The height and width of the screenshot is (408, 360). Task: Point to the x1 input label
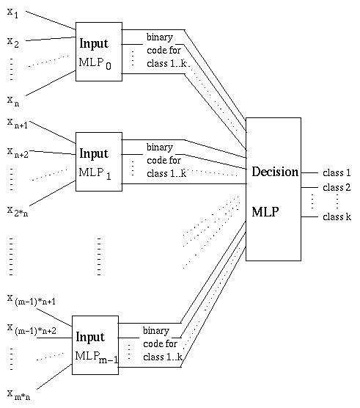pyautogui.click(x=12, y=13)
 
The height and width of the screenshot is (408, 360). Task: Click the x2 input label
pyautogui.click(x=13, y=43)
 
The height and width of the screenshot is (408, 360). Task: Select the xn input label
pyautogui.click(x=13, y=101)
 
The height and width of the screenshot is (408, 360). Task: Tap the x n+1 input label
pyautogui.click(x=18, y=123)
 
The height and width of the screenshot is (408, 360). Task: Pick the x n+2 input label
pyautogui.click(x=18, y=153)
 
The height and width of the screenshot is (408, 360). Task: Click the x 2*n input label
pyautogui.click(x=18, y=211)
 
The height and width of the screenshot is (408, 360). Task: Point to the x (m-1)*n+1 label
pyautogui.click(x=32, y=299)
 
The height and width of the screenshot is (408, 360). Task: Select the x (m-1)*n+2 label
pyautogui.click(x=32, y=329)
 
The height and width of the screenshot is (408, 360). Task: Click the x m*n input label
pyautogui.click(x=18, y=395)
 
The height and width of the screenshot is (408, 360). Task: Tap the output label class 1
pyautogui.click(x=337, y=172)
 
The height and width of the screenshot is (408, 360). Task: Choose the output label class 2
pyautogui.click(x=337, y=187)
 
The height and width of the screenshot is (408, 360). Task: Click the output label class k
pyautogui.click(x=337, y=216)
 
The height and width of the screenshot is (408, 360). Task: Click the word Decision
pyautogui.click(x=275, y=172)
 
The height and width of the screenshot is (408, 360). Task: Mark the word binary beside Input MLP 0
pyautogui.click(x=160, y=37)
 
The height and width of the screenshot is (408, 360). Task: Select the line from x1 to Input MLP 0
pyautogui.click(x=51, y=21)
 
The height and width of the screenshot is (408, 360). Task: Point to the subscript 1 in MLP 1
pyautogui.click(x=109, y=176)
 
